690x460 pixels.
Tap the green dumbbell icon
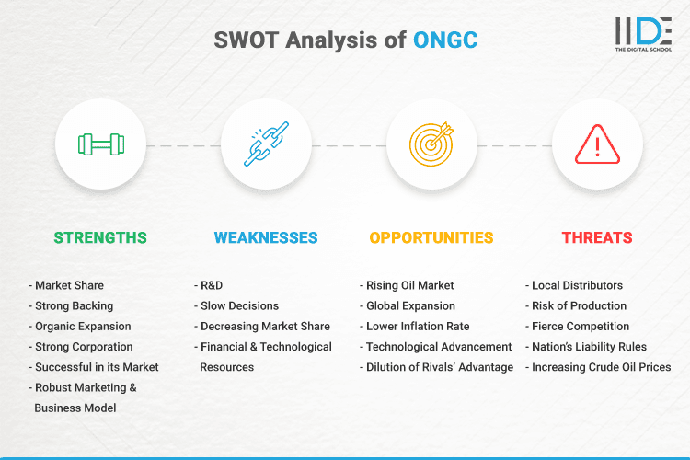100,144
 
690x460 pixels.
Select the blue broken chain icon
266,144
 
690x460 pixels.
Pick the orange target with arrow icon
431,144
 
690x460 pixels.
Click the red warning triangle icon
597,144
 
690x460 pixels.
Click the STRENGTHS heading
100,237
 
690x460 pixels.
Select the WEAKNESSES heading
266,237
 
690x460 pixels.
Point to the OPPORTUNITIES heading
431,237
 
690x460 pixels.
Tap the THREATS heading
597,237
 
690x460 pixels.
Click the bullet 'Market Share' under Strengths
69,285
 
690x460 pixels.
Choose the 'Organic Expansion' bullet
83,326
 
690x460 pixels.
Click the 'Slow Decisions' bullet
238,305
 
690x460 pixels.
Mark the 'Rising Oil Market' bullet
409,285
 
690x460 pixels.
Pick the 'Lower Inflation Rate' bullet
417,326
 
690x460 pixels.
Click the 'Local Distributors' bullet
577,285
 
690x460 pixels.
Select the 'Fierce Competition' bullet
581,326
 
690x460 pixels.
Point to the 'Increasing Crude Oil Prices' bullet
601,367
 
